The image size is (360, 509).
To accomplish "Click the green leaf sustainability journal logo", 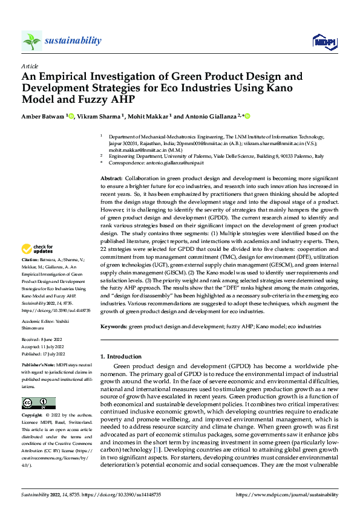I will tap(31, 41).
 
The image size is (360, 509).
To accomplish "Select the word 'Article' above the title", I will tap(30, 66).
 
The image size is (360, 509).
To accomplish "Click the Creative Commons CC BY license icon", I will tap(38, 403).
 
